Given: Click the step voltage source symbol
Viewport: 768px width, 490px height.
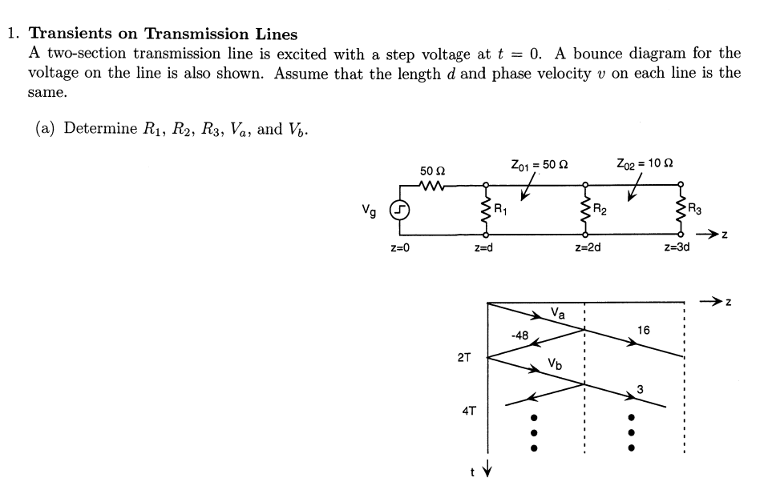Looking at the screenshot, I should click(398, 211).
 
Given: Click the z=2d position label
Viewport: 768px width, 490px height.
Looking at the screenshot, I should click(588, 249).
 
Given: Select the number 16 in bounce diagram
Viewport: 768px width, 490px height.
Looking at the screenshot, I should click(643, 330).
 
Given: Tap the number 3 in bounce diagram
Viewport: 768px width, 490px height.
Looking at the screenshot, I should click(639, 389).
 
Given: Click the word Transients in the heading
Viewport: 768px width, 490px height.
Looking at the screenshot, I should click(84, 34).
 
